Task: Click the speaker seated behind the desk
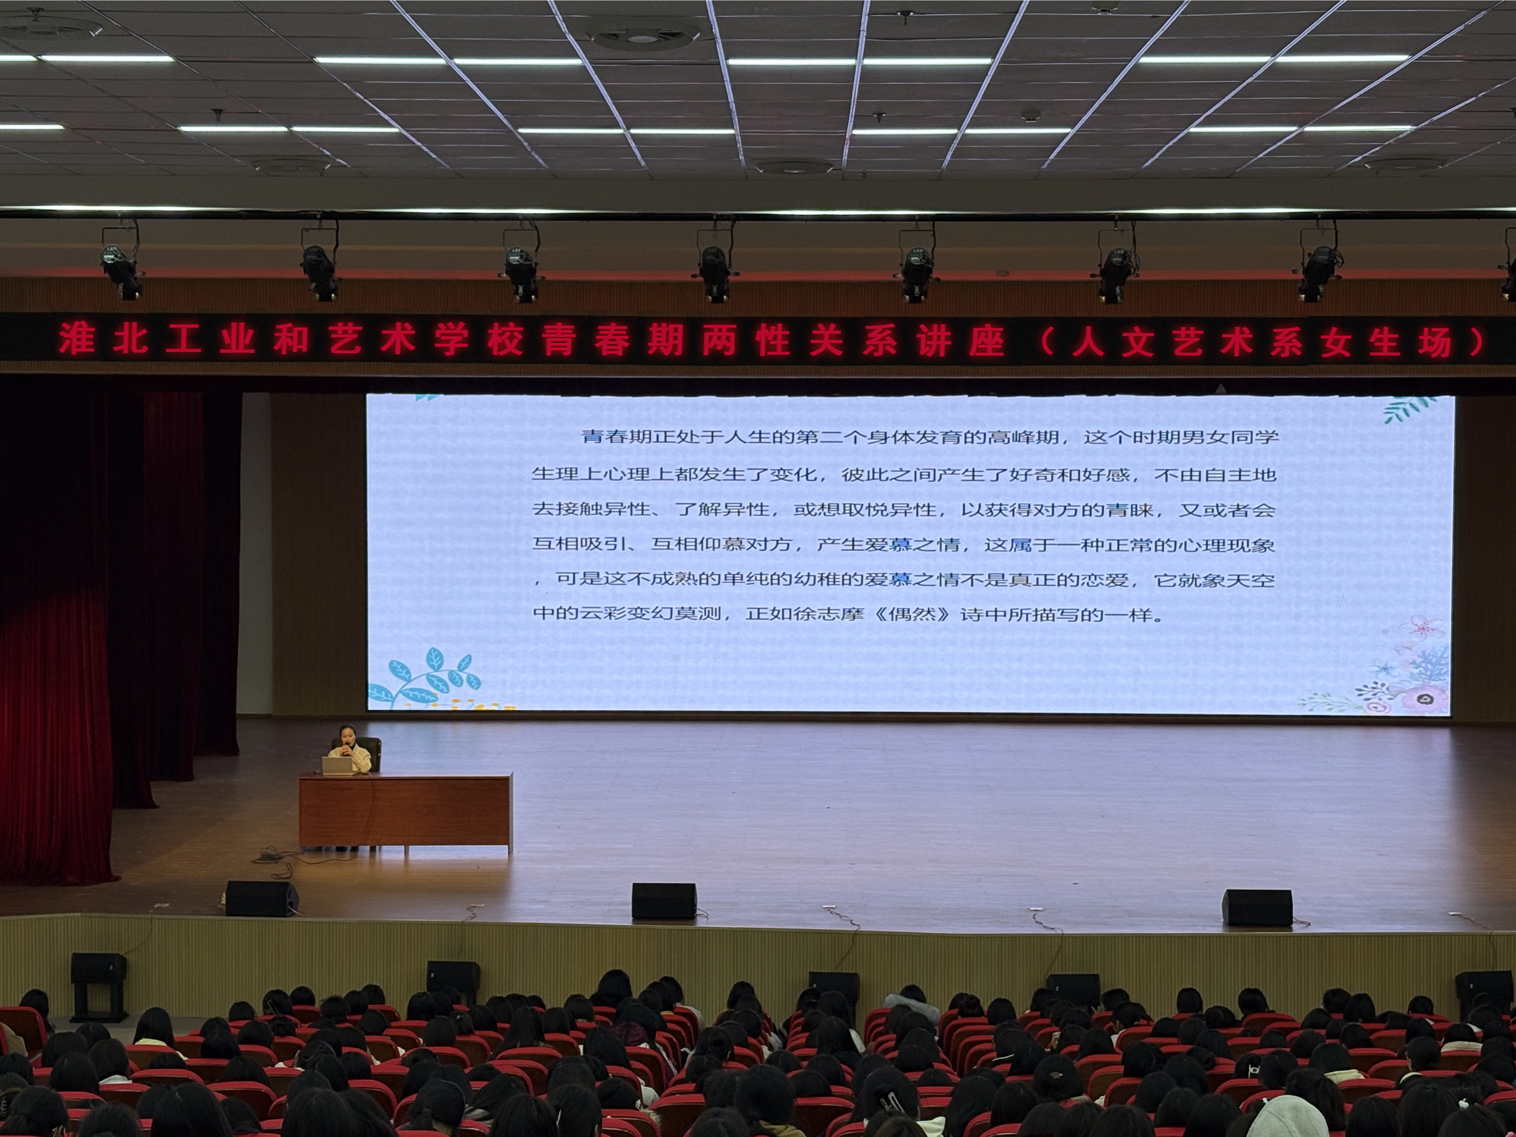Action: coord(350,752)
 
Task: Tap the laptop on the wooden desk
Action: coord(337,766)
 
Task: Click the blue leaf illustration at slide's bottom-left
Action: coord(425,679)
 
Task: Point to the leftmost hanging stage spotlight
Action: coord(121,262)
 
